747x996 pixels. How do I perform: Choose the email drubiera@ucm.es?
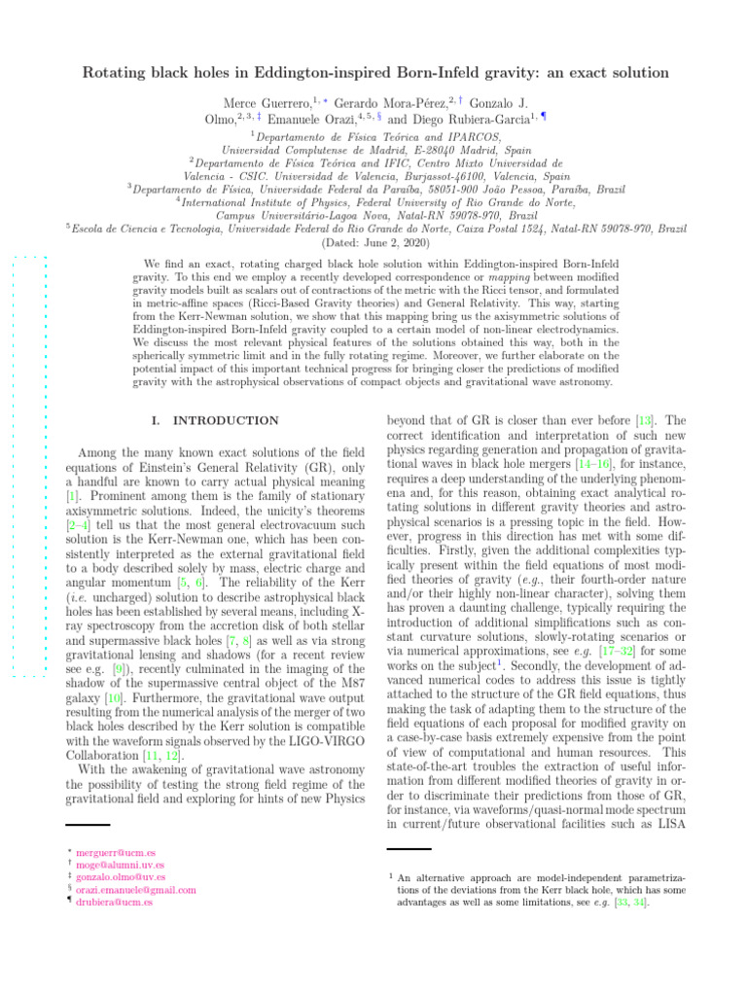(x=114, y=903)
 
